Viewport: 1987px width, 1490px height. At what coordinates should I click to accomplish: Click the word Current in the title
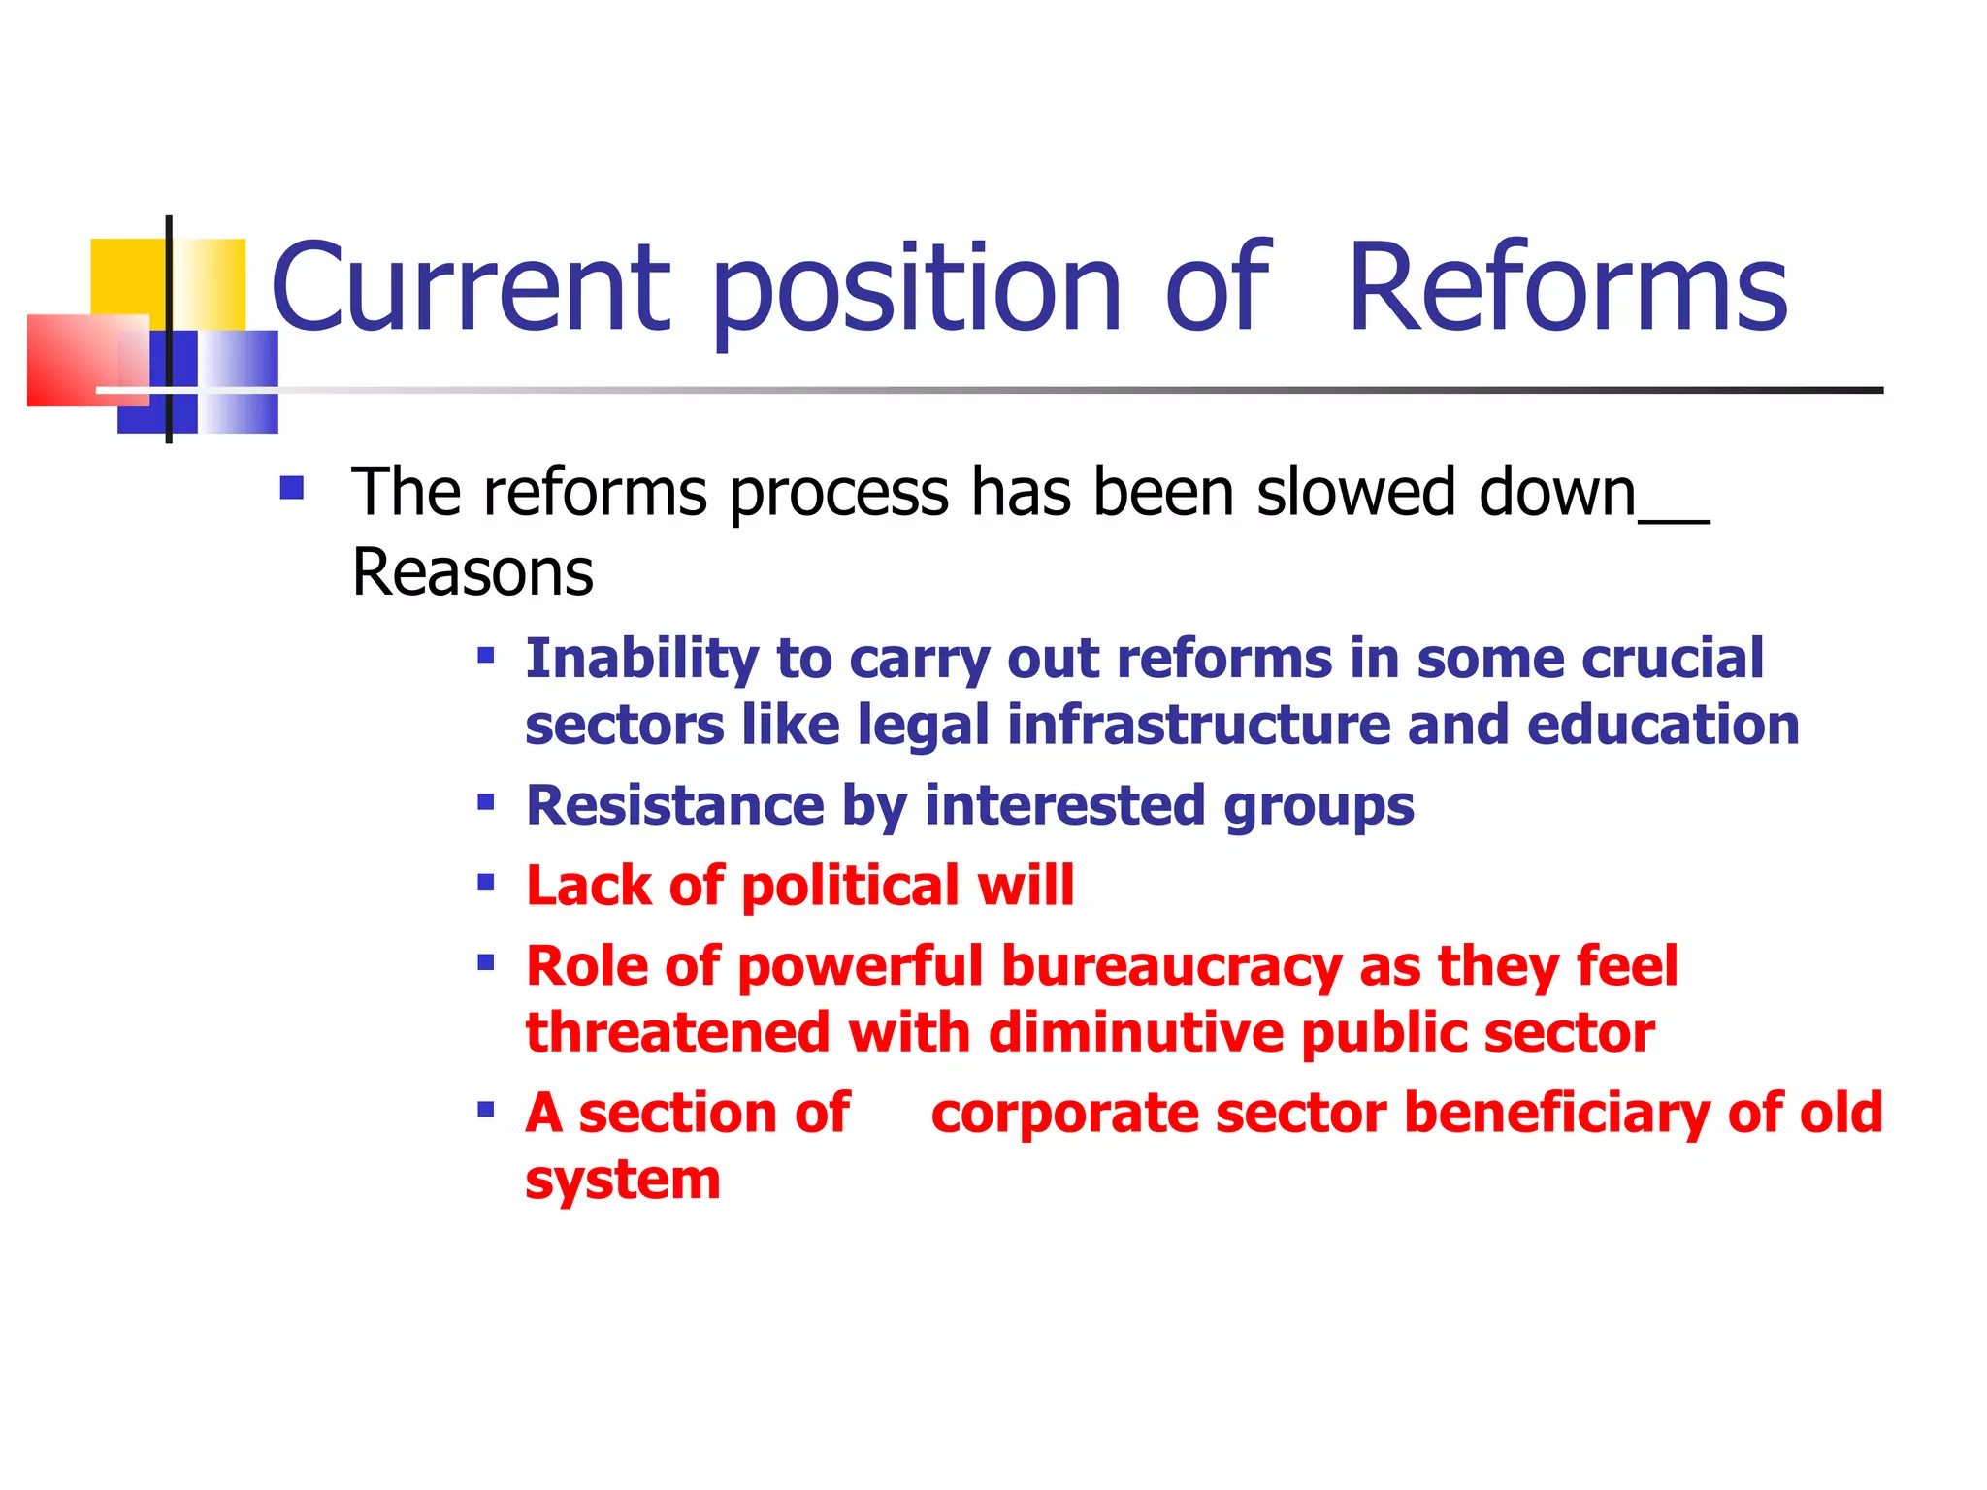[471, 288]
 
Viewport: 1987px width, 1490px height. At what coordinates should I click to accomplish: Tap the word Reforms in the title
[1567, 288]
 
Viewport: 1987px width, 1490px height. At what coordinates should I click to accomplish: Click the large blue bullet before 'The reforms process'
[291, 487]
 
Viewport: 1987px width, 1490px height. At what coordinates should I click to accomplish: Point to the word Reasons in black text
[472, 572]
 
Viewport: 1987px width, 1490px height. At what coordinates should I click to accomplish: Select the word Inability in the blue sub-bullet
[642, 659]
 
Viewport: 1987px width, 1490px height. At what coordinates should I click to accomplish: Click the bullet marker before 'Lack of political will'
[486, 883]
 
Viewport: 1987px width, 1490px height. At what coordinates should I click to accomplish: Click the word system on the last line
[623, 1181]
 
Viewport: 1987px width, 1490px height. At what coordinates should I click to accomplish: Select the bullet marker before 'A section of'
[486, 1110]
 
